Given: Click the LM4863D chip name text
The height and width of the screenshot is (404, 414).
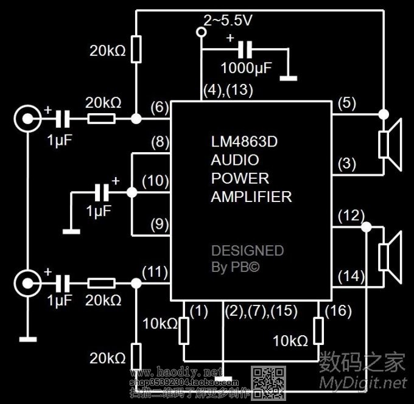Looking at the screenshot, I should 241,142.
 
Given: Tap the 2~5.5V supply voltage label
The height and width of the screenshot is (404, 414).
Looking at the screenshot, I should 228,21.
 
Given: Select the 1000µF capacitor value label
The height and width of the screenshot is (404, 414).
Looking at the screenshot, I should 246,66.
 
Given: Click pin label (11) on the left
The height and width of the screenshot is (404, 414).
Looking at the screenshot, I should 154,271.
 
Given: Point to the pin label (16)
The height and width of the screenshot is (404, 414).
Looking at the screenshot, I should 338,312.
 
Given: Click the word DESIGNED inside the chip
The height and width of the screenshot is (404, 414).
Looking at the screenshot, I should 247,251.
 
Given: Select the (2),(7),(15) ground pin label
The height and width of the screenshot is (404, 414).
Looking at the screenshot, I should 261,312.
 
